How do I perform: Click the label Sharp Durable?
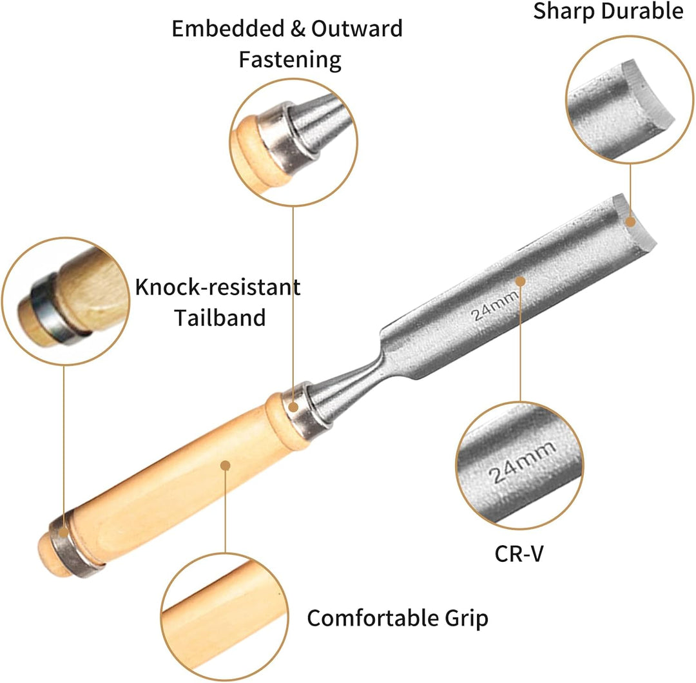(x=608, y=12)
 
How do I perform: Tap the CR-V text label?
(x=519, y=553)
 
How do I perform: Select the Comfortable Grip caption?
(x=397, y=618)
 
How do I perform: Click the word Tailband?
(x=220, y=318)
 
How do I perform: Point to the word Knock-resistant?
(x=218, y=287)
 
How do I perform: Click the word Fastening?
(x=290, y=59)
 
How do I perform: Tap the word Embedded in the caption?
(x=227, y=29)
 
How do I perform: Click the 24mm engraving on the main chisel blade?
(x=494, y=306)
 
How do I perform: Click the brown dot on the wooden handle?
(x=226, y=466)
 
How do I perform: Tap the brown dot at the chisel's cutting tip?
(x=630, y=222)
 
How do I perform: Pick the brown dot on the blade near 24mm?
(x=521, y=282)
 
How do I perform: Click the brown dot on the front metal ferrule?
(x=293, y=407)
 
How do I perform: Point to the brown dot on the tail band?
(x=63, y=533)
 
